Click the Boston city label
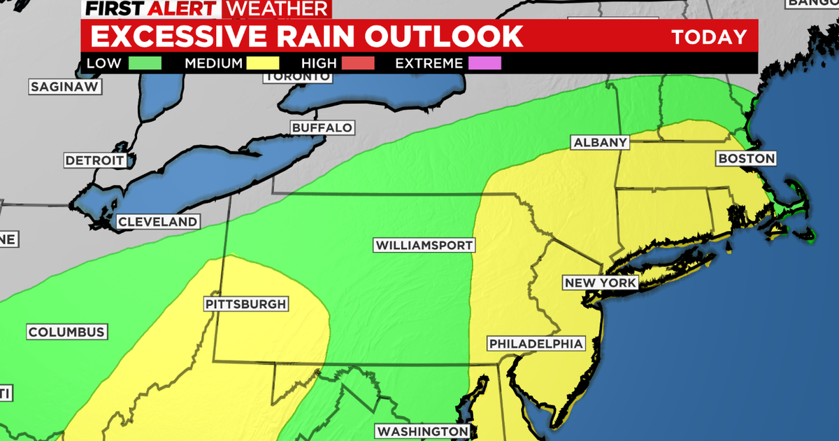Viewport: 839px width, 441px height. tap(746, 159)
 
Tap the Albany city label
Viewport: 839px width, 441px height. tap(600, 143)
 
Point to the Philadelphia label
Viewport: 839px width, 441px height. tap(536, 344)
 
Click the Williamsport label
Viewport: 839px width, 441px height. tap(424, 246)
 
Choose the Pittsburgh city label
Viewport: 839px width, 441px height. tap(245, 304)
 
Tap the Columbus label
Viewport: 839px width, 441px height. tap(66, 332)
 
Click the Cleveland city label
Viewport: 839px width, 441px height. tap(157, 222)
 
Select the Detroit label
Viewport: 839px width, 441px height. tap(94, 160)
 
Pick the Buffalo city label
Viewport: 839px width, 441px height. tap(322, 128)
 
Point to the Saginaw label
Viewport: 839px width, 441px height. tap(66, 87)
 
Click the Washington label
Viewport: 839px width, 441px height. tap(422, 430)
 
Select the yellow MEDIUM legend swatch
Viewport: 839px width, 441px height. tap(262, 63)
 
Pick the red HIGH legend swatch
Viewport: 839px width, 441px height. tap(358, 63)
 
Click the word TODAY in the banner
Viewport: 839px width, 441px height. tap(709, 37)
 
